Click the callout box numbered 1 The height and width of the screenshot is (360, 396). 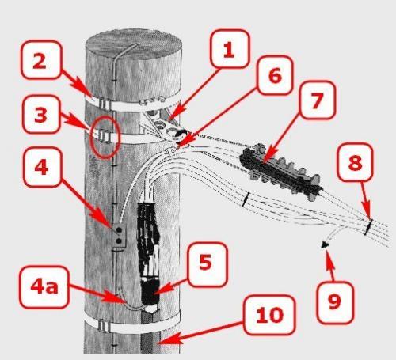[x=229, y=49]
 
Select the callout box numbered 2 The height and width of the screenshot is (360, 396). [x=40, y=60]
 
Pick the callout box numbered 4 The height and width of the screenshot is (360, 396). [x=42, y=166]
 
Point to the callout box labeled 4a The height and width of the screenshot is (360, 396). [x=44, y=287]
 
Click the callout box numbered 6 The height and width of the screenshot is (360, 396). [x=275, y=75]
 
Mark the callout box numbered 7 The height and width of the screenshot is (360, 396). [x=317, y=100]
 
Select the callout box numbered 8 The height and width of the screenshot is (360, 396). [x=356, y=161]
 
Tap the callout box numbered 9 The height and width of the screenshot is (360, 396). [x=335, y=302]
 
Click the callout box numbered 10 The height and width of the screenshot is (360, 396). [x=269, y=315]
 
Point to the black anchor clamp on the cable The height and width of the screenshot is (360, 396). [x=280, y=172]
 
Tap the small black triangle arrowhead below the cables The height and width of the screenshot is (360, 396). [x=325, y=245]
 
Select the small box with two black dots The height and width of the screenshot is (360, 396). [x=119, y=236]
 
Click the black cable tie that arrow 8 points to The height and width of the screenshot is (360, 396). [x=368, y=226]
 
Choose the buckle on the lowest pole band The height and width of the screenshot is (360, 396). [x=104, y=326]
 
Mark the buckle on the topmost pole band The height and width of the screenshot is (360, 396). [x=105, y=104]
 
